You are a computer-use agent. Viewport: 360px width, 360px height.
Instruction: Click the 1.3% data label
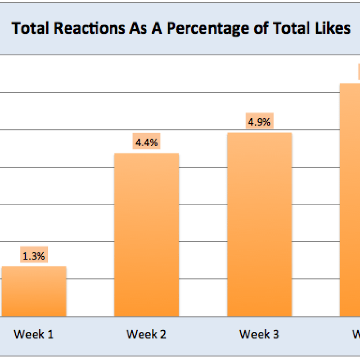point(34,256)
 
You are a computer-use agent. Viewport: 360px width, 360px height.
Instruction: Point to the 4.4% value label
point(147,143)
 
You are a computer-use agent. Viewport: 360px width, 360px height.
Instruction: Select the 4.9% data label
point(259,122)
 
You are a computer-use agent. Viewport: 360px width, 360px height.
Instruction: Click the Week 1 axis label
point(34,334)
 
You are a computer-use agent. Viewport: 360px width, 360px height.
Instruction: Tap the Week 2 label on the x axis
point(147,334)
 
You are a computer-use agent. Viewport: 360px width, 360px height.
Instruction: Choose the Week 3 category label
point(259,334)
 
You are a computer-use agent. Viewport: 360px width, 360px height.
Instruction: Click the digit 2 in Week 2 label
point(163,334)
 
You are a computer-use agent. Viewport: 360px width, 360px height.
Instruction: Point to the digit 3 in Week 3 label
point(275,334)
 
